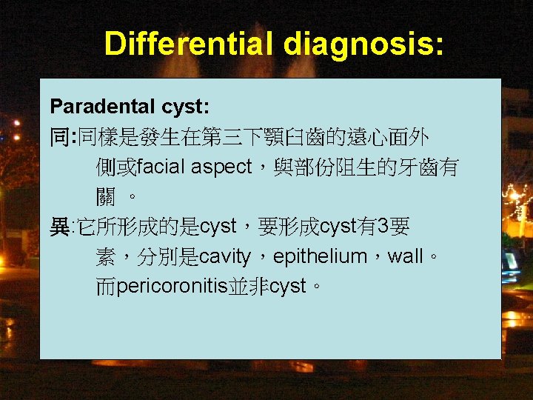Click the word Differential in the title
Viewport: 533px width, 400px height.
tap(190, 44)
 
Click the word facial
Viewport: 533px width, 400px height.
tap(162, 167)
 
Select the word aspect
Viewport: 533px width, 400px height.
tap(221, 167)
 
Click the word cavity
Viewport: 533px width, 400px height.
tap(225, 257)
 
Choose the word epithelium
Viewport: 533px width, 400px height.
tap(320, 257)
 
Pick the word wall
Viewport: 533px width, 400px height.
tap(405, 257)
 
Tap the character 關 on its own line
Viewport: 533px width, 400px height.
tap(106, 197)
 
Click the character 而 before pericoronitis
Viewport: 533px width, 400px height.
tap(106, 287)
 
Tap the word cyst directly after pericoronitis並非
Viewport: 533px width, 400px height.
tap(287, 287)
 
